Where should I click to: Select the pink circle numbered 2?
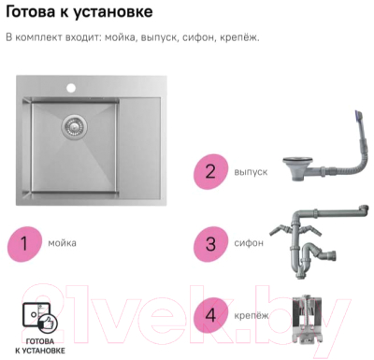click(210, 171)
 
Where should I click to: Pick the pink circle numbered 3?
click(210, 243)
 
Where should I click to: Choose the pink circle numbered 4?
click(210, 315)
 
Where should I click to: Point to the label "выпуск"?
click(251, 172)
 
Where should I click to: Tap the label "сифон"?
click(248, 243)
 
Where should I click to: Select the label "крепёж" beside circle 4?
click(251, 315)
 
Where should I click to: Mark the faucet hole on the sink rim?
click(69, 90)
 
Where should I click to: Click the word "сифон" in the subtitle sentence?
click(197, 38)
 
